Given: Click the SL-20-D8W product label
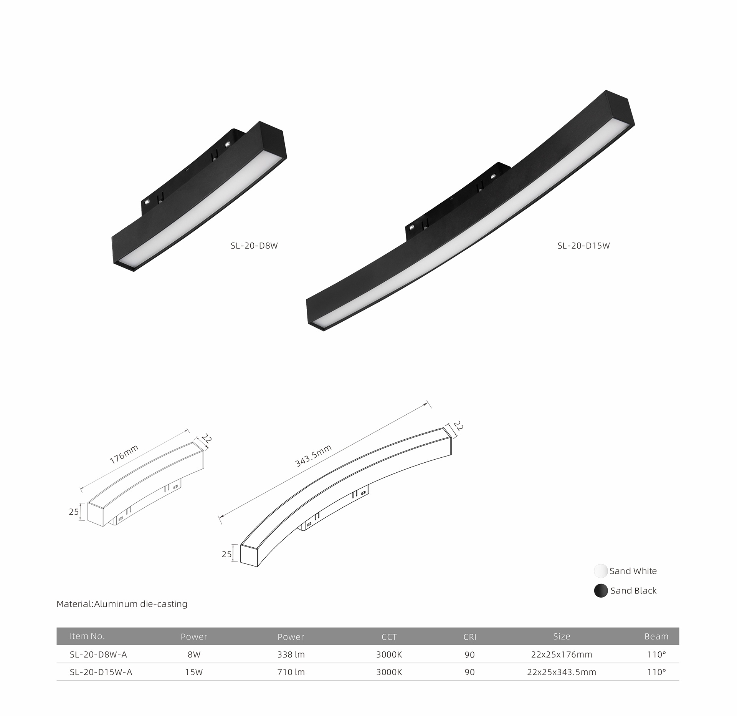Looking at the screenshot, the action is point(254,246).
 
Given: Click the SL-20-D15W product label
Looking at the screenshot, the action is point(583,246).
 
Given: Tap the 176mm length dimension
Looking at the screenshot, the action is point(124,454).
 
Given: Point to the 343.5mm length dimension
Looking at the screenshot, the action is point(313,456).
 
